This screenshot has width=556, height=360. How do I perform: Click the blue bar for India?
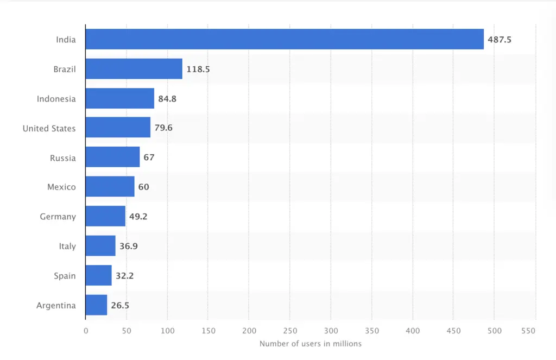click(285, 39)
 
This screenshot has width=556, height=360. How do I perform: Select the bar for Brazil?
click(134, 69)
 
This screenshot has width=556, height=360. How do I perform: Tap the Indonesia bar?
click(120, 99)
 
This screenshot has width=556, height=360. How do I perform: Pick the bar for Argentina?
click(97, 305)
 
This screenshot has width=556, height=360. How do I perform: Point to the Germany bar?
click(105, 216)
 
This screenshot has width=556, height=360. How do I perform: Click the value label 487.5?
click(500, 40)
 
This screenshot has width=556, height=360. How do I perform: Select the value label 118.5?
click(198, 70)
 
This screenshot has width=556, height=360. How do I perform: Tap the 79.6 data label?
click(163, 129)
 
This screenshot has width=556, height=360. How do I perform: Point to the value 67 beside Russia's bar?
click(149, 158)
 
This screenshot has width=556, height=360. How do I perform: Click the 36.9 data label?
click(129, 247)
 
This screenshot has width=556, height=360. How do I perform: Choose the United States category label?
click(49, 129)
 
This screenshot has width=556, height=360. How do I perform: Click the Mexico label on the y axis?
click(61, 187)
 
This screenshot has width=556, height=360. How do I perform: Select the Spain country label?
click(64, 276)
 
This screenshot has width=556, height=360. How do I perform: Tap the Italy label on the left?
click(67, 247)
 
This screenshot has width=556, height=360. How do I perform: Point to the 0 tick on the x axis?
click(86, 331)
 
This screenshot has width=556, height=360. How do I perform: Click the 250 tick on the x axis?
click(290, 331)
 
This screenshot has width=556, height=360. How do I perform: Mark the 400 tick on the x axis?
click(413, 331)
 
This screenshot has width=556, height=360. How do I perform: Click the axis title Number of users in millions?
click(310, 344)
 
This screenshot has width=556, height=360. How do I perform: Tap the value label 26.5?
click(120, 306)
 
